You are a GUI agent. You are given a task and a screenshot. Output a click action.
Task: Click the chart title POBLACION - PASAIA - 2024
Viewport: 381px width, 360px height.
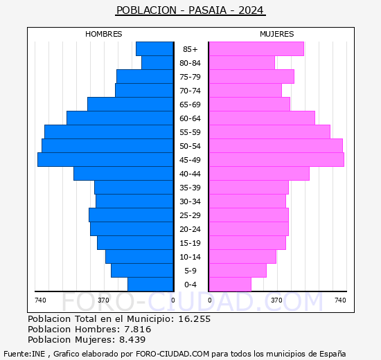pyautogui.click(x=190, y=10)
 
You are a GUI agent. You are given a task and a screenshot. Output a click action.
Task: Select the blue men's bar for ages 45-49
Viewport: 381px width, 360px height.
pyautogui.click(x=105, y=160)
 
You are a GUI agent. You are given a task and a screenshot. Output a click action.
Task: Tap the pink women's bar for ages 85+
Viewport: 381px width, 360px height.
pyautogui.click(x=256, y=49)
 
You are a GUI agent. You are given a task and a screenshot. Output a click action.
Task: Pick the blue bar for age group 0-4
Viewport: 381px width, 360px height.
pyautogui.click(x=150, y=285)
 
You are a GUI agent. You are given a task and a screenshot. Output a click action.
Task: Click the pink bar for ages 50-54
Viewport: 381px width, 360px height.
pyautogui.click(x=276, y=146)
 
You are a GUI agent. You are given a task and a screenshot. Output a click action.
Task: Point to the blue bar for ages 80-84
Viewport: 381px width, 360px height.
pyautogui.click(x=157, y=63)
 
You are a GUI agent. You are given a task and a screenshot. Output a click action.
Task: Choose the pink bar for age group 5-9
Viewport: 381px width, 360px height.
pyautogui.click(x=238, y=271)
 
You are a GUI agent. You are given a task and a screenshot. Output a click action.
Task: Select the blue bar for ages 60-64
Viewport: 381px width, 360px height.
pyautogui.click(x=120, y=118)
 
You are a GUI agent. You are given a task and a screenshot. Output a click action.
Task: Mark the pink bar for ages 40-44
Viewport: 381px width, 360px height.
pyautogui.click(x=259, y=174)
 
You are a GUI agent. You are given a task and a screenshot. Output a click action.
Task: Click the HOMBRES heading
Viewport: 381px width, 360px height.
pyautogui.click(x=104, y=34)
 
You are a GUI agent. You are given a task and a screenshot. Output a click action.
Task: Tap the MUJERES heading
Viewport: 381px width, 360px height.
pyautogui.click(x=277, y=34)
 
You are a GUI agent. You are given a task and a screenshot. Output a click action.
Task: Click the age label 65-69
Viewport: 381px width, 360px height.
pyautogui.click(x=190, y=105)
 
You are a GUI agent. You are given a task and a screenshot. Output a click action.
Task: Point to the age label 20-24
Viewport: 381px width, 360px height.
pyautogui.click(x=190, y=229)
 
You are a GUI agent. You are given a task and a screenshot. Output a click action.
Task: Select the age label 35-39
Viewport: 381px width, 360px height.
pyautogui.click(x=190, y=188)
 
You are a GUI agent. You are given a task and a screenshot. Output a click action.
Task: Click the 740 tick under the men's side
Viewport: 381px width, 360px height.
pyautogui.click(x=40, y=300)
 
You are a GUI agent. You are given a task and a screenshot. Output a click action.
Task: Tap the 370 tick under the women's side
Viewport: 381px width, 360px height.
pyautogui.click(x=277, y=300)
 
